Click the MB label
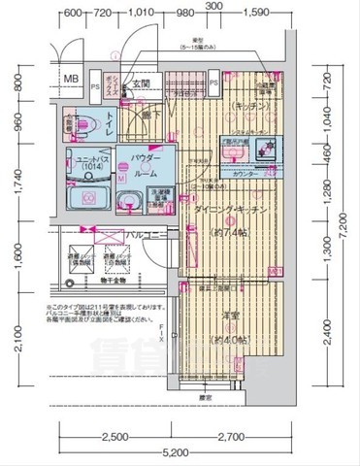point(72,80)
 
